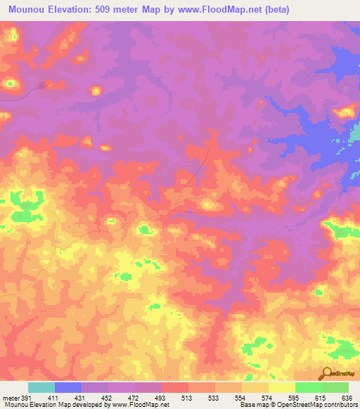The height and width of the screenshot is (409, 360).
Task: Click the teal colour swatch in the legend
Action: (x=41, y=387)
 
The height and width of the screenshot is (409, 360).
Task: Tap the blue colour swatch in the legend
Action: (x=68, y=387)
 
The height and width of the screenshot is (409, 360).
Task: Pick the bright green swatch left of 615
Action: (x=308, y=387)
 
